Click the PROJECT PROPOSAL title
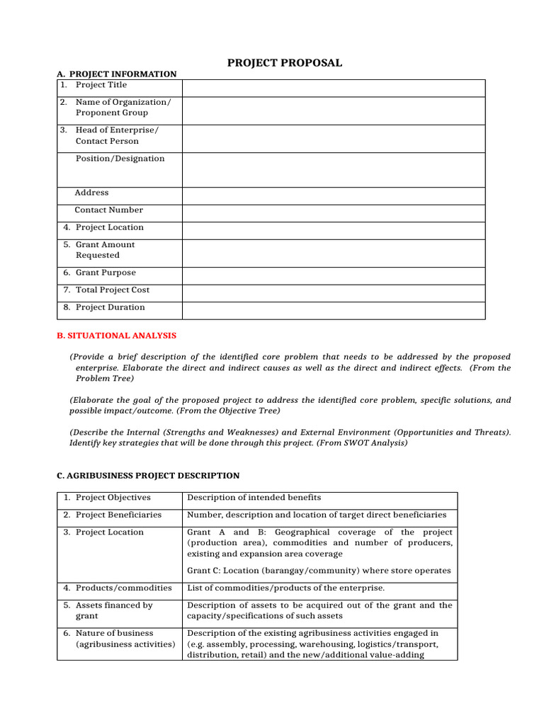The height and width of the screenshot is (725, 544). click(x=284, y=63)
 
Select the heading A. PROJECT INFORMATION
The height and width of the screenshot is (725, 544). click(x=116, y=74)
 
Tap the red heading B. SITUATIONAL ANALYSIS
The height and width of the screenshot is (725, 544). click(x=116, y=335)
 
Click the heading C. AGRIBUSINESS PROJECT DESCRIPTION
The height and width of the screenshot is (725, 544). click(x=147, y=476)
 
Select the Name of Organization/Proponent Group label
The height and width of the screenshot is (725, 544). click(x=123, y=108)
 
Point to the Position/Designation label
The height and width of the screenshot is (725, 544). click(x=120, y=159)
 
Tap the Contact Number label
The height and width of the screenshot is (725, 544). click(x=108, y=210)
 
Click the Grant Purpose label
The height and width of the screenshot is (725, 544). click(x=105, y=273)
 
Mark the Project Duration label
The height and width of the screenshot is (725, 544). click(x=110, y=307)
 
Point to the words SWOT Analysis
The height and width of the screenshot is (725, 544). click(x=375, y=443)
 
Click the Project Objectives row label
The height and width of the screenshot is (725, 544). click(x=113, y=498)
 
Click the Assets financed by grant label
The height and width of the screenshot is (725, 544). click(x=113, y=610)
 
